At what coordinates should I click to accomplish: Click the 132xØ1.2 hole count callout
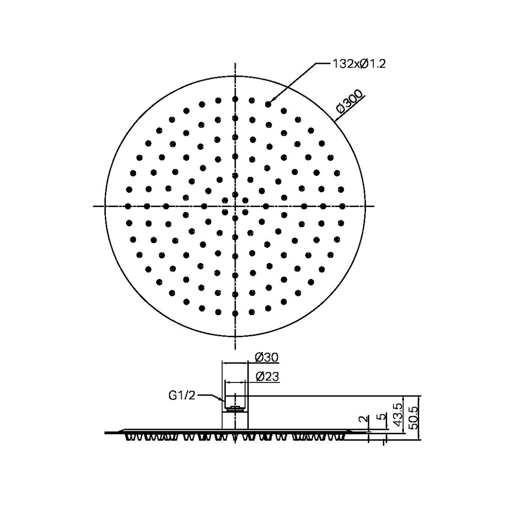point(359,64)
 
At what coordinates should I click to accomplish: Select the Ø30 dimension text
point(267,357)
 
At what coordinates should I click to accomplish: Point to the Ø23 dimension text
point(267,376)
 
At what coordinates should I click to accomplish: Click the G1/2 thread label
point(182,396)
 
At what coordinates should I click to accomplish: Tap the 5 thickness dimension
point(382,417)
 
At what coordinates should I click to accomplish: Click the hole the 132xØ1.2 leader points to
point(268,104)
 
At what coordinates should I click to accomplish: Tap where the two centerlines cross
point(235,206)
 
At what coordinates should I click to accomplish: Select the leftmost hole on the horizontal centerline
point(127,206)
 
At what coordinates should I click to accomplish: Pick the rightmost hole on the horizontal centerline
point(342,206)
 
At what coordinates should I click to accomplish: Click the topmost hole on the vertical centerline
point(235,99)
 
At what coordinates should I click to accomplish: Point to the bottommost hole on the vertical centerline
point(235,313)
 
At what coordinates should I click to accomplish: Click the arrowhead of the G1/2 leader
point(224,401)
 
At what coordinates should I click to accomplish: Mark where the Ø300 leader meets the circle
point(335,121)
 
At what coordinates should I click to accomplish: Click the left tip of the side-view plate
point(106,432)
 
